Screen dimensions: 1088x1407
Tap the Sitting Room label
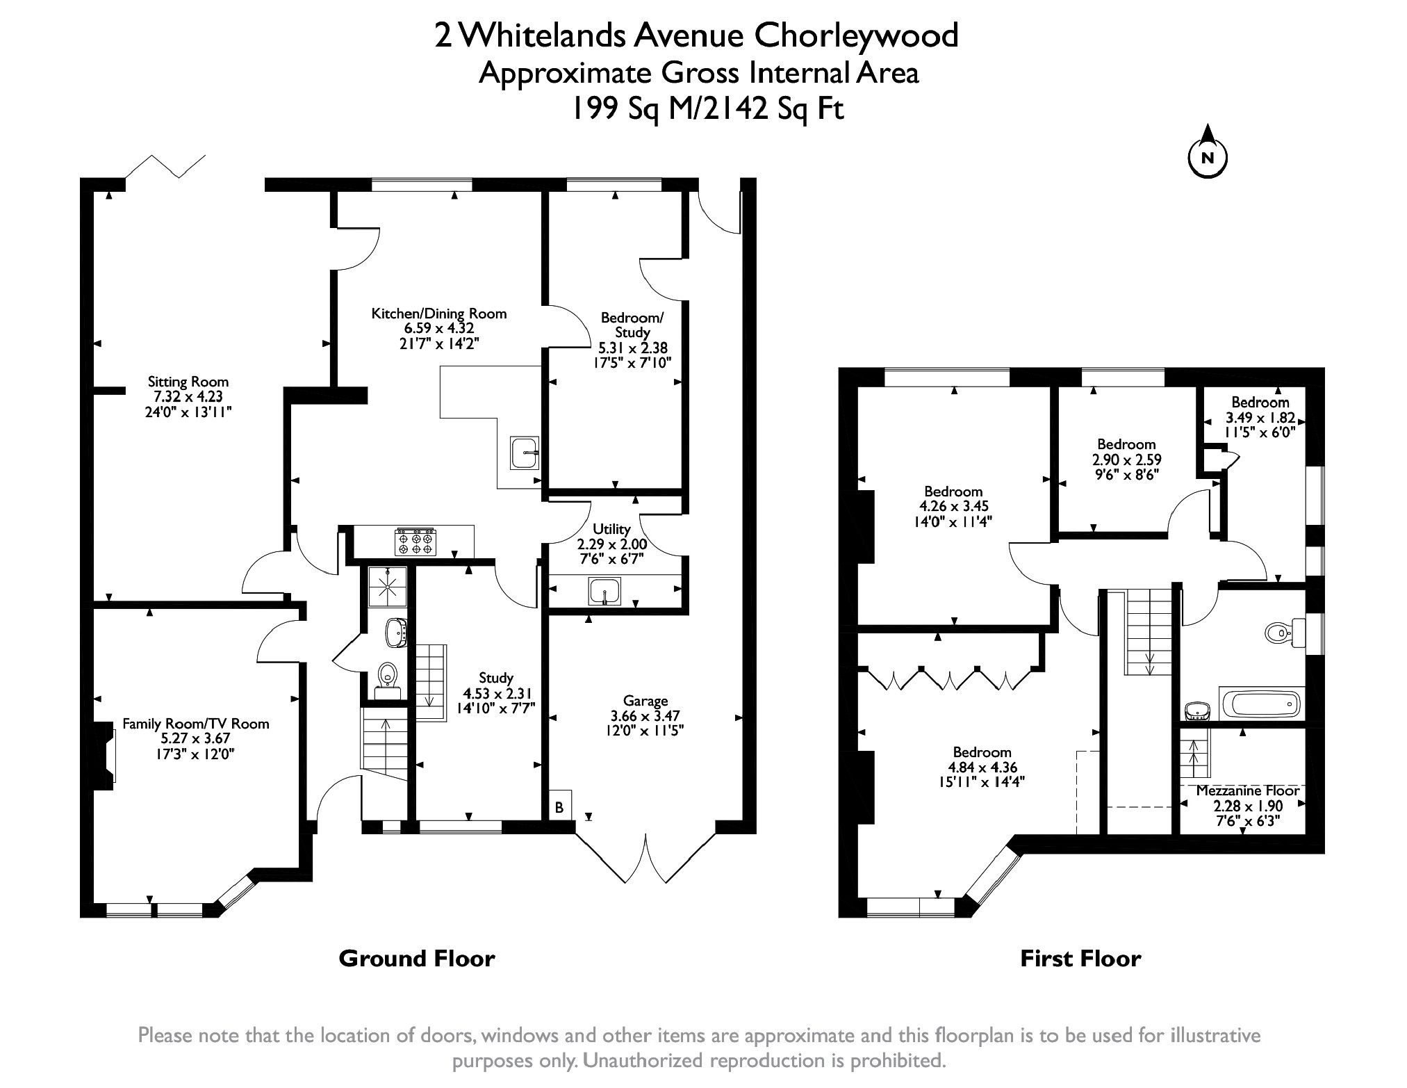188,382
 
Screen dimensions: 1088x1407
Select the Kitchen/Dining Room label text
438,314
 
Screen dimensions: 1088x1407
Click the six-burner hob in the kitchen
415,542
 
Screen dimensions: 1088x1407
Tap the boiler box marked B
559,808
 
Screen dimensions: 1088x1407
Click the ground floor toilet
386,674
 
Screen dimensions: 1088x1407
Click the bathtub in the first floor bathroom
1262,704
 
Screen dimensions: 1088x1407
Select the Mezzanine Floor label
1247,791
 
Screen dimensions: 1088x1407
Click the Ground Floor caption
416,959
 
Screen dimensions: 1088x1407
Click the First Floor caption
1080,959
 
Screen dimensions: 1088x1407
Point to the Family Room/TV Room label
195,724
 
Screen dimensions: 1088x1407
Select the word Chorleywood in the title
857,35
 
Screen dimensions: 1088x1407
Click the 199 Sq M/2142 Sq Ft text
707,109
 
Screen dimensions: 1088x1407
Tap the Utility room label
611,530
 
